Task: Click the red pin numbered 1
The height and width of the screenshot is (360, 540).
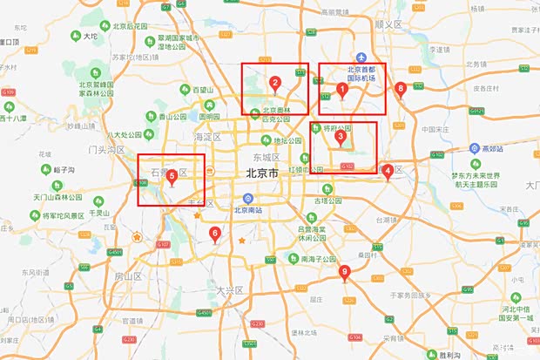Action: [342, 88]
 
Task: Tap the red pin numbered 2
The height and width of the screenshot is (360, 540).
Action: [275, 84]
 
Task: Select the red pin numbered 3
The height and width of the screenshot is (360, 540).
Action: [341, 135]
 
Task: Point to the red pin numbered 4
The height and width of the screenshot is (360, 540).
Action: [388, 171]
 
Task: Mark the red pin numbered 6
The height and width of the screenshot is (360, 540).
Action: [215, 233]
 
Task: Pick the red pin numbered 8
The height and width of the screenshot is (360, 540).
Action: [401, 88]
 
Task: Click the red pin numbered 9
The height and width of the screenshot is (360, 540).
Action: [345, 272]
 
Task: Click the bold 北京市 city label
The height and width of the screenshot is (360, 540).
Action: [262, 173]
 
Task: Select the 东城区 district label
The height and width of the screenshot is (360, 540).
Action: [264, 157]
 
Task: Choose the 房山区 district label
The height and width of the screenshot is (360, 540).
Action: [127, 276]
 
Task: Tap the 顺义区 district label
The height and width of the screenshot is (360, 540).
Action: [386, 26]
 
